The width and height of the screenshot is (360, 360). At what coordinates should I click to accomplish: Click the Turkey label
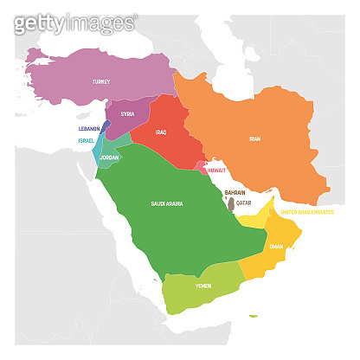coord(100,82)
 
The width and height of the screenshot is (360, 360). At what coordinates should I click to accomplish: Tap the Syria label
coord(127,114)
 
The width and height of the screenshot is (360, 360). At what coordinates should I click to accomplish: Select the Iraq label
coord(160,132)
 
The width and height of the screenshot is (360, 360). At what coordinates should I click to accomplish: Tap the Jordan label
coord(109,158)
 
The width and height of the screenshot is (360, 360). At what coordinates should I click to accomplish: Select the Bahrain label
coord(235,192)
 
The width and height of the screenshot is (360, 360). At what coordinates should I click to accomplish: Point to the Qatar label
coord(243,202)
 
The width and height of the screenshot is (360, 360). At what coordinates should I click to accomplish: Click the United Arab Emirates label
coord(312,210)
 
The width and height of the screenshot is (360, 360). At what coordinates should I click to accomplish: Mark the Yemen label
coord(202,286)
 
